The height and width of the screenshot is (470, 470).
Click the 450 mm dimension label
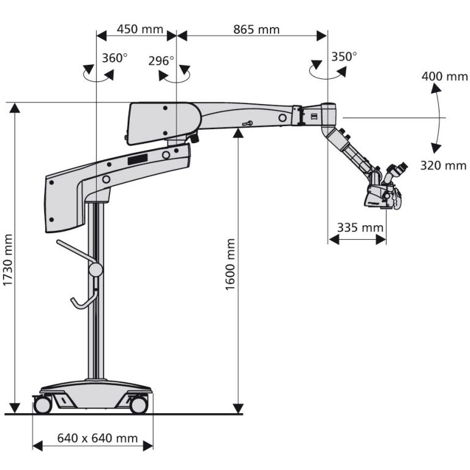coord(135,29)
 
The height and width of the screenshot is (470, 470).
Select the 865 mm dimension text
coord(256,29)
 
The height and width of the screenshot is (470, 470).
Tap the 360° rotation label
coord(114,58)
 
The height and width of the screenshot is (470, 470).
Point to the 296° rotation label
coord(162,61)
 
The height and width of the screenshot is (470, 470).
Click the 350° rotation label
coord(345,56)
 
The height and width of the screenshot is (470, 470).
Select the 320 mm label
coord(444,165)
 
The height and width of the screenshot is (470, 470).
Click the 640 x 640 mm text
coord(97,438)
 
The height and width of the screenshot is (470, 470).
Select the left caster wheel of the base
coord(42,405)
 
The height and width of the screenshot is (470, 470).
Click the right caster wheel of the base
coord(139,405)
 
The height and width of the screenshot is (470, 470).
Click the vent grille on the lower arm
coord(138,159)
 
